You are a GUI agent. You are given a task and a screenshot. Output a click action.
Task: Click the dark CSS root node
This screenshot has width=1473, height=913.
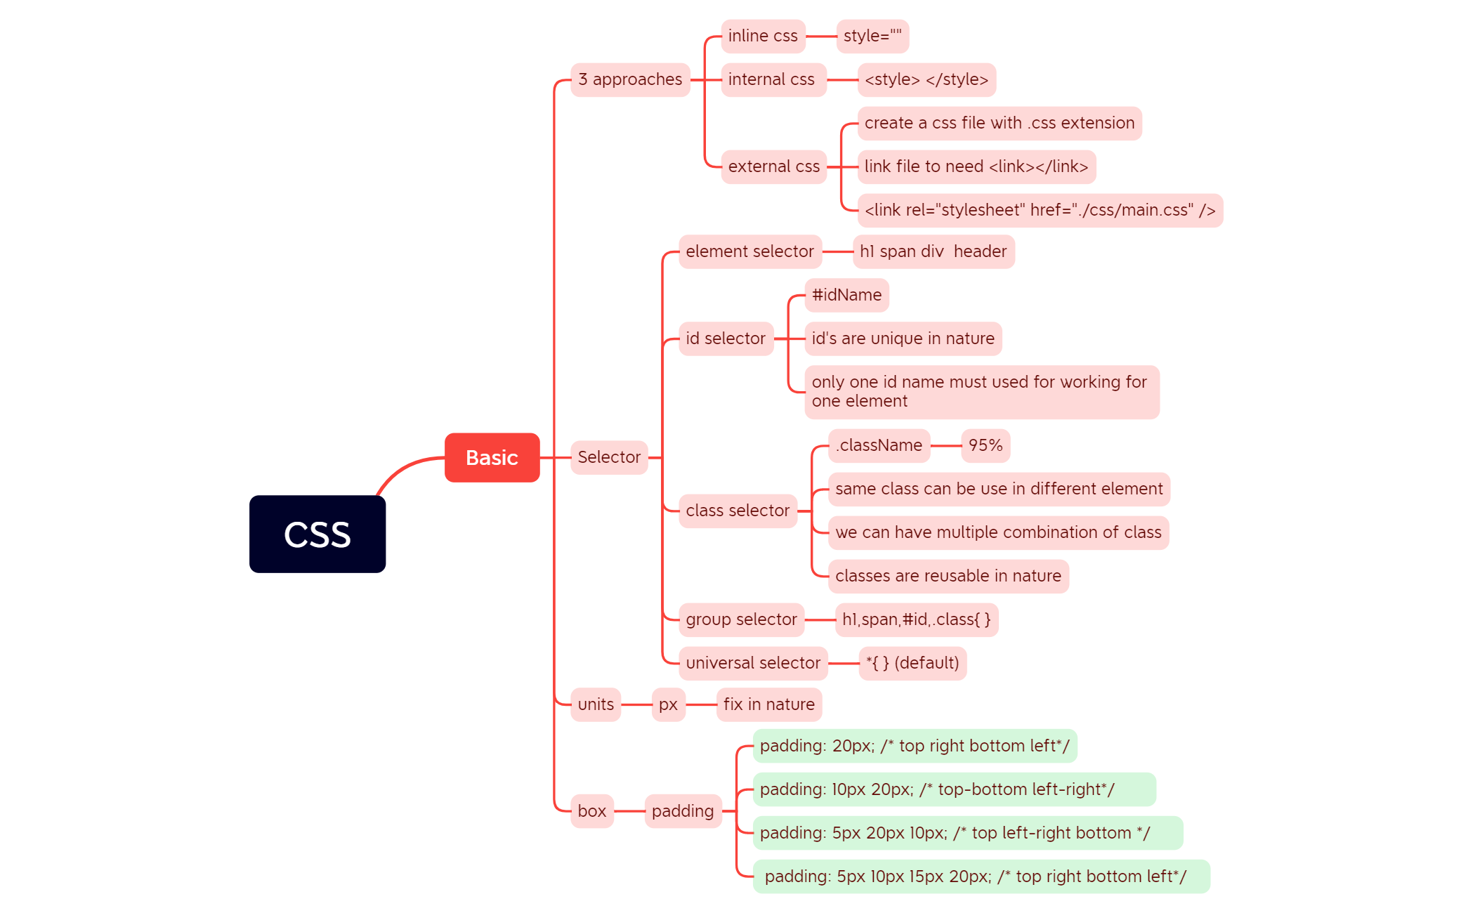click(317, 534)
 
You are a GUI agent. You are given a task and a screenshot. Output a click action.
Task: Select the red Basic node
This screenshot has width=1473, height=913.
click(492, 457)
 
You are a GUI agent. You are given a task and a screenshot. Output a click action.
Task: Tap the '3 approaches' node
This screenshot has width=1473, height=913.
click(630, 79)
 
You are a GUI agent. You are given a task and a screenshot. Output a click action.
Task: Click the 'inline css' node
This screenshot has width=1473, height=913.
click(763, 36)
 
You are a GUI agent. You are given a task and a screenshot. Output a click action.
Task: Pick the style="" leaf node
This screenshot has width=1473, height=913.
click(872, 36)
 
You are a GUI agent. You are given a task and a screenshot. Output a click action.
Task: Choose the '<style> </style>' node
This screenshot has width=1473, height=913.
click(926, 79)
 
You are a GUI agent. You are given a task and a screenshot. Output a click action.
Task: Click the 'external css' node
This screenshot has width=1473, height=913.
click(773, 166)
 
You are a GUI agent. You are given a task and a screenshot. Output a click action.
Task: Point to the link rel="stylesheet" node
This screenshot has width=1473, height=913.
click(1040, 210)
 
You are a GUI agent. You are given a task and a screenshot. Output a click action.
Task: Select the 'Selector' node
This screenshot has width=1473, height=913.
click(608, 457)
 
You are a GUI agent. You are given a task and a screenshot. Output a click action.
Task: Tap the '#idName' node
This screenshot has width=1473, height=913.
click(846, 295)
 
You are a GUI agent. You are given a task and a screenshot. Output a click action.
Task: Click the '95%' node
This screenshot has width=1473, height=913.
click(985, 445)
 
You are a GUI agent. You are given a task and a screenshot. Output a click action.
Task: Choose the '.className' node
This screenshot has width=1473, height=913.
click(879, 445)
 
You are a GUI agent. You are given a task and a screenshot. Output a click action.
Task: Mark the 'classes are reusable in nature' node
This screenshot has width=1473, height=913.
click(948, 576)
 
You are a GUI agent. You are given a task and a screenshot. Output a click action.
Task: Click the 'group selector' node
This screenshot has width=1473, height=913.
click(741, 619)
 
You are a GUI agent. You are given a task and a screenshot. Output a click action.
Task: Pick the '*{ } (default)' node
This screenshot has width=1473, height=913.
click(912, 663)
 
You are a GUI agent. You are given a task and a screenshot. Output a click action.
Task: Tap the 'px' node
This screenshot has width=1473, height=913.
click(668, 704)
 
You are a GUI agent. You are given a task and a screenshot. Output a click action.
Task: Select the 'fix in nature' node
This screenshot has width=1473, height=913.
click(768, 704)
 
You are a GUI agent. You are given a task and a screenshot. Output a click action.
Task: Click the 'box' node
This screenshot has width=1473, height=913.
click(591, 811)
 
